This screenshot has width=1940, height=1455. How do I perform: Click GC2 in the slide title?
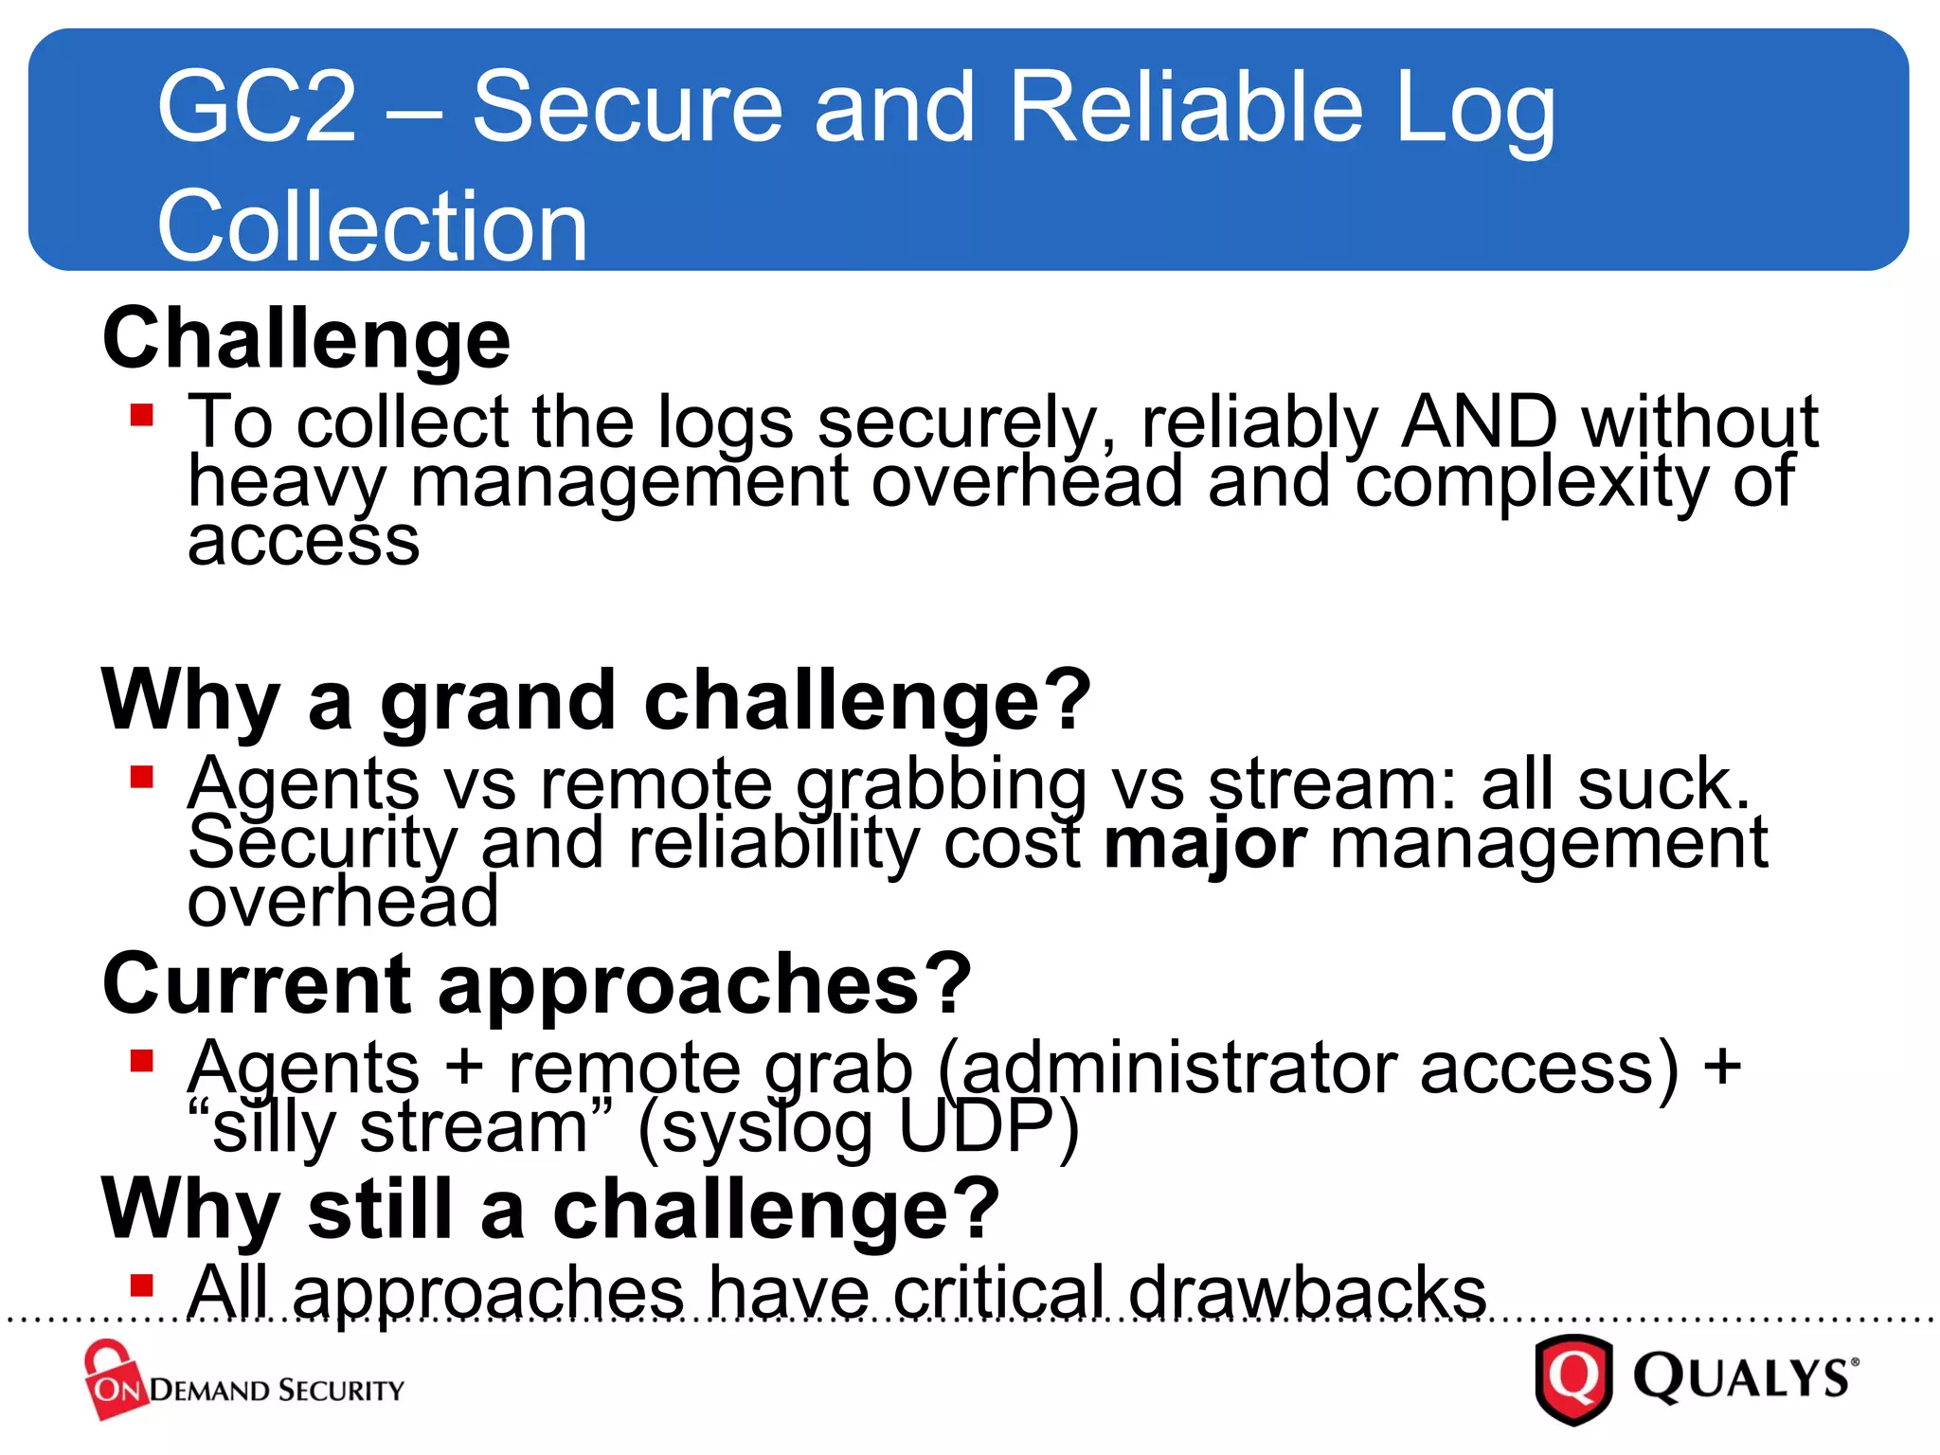click(257, 107)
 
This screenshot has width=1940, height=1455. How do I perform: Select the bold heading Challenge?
click(306, 339)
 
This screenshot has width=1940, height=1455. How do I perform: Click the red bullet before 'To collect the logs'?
click(142, 415)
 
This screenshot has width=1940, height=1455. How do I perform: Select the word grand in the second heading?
click(498, 701)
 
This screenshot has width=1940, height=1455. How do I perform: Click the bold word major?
click(1205, 843)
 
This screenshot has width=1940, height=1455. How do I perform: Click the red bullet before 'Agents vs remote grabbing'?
click(142, 777)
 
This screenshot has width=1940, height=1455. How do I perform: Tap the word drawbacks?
click(1307, 1292)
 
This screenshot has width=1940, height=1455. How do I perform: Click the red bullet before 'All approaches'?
click(142, 1285)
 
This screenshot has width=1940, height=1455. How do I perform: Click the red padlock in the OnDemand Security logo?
click(112, 1378)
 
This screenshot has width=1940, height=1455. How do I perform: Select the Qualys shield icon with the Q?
click(1573, 1378)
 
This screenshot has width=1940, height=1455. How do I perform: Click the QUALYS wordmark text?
click(1743, 1378)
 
